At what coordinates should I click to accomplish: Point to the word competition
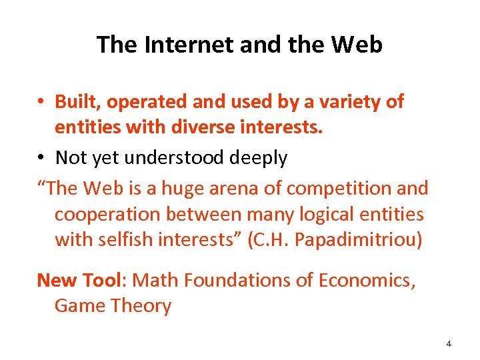(x=337, y=189)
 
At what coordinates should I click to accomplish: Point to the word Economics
(x=367, y=280)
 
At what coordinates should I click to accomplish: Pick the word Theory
(x=143, y=305)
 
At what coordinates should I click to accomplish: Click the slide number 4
(x=448, y=344)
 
